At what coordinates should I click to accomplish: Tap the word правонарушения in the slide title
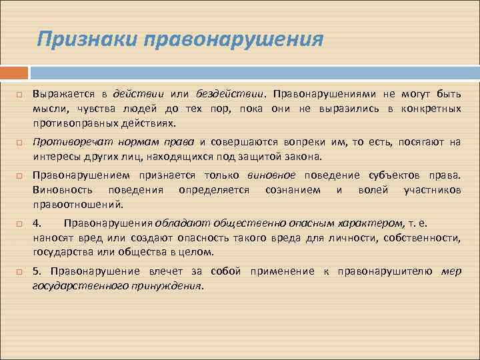click(x=229, y=39)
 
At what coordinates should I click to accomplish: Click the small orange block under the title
click(x=14, y=72)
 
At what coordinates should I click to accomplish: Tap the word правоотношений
click(x=78, y=205)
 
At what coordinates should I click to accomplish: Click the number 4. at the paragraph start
click(x=37, y=223)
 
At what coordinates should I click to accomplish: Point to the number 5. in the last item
click(x=37, y=271)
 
